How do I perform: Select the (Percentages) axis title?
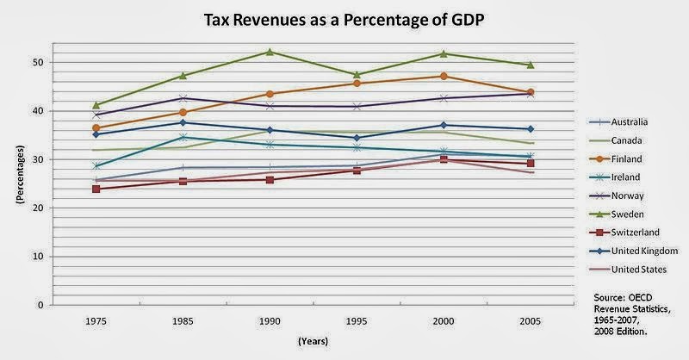tap(17, 183)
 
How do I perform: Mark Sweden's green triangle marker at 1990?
tap(270, 52)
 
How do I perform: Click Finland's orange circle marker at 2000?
tap(444, 76)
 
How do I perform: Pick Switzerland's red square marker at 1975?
tap(96, 189)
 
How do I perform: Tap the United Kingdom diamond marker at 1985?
tap(183, 122)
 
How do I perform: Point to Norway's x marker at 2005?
tap(531, 93)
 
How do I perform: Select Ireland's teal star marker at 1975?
tap(96, 165)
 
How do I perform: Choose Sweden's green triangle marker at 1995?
tap(357, 74)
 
